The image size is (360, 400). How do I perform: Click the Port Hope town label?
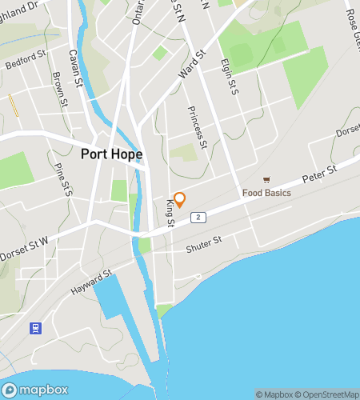(x=112, y=154)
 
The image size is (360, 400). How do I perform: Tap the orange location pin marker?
(x=180, y=199)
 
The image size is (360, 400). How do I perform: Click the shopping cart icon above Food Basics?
(x=266, y=181)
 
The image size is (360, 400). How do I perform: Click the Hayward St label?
(x=91, y=280)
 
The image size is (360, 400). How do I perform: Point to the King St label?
(x=170, y=214)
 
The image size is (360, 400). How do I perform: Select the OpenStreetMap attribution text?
(x=327, y=394)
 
